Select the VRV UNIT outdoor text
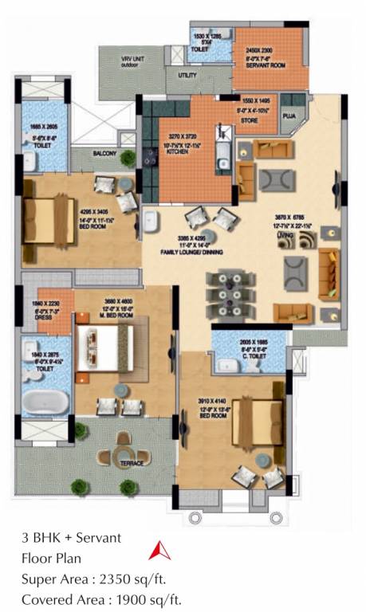[x=129, y=63]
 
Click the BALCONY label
[x=104, y=153]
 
